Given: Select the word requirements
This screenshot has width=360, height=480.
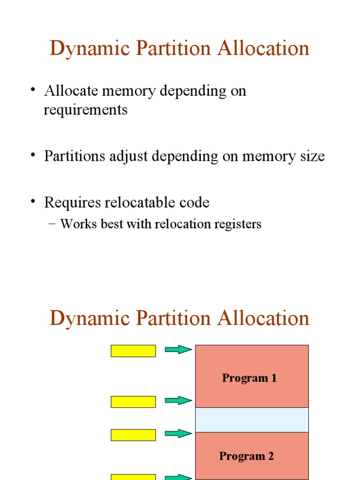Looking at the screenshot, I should coord(85,110).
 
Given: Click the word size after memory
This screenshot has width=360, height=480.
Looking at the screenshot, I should coord(310,156).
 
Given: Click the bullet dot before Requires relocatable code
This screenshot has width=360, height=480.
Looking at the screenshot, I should coord(34,202).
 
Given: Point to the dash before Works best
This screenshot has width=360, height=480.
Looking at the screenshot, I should coord(52,225).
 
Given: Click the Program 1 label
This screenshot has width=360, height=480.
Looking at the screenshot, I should coord(249,378).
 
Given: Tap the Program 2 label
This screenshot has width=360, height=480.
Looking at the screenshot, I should coord(247,456).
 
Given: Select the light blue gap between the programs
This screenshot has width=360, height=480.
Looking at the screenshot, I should coord(252,420).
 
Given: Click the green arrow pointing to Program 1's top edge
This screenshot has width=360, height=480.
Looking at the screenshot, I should coord(178,350).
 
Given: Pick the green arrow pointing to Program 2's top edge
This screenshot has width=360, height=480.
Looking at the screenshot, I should coord(178,434).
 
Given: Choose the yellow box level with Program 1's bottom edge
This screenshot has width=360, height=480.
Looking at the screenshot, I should coord(133,402).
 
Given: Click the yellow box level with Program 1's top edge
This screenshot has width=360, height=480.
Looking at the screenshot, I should coord(133,351).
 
